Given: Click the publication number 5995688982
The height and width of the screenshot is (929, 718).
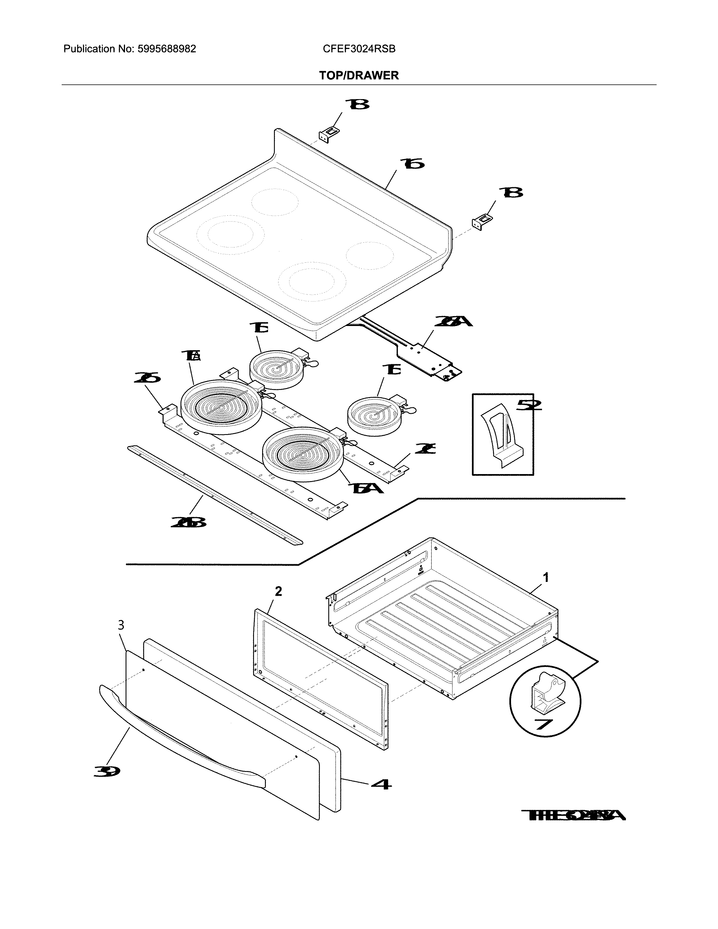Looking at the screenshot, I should [166, 49].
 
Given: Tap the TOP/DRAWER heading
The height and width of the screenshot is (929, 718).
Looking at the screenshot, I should [359, 76].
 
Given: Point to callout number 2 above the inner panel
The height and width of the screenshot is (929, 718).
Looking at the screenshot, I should [278, 591].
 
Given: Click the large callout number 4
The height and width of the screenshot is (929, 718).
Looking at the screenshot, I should [381, 783].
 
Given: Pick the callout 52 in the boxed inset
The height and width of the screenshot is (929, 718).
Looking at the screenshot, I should [529, 405].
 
